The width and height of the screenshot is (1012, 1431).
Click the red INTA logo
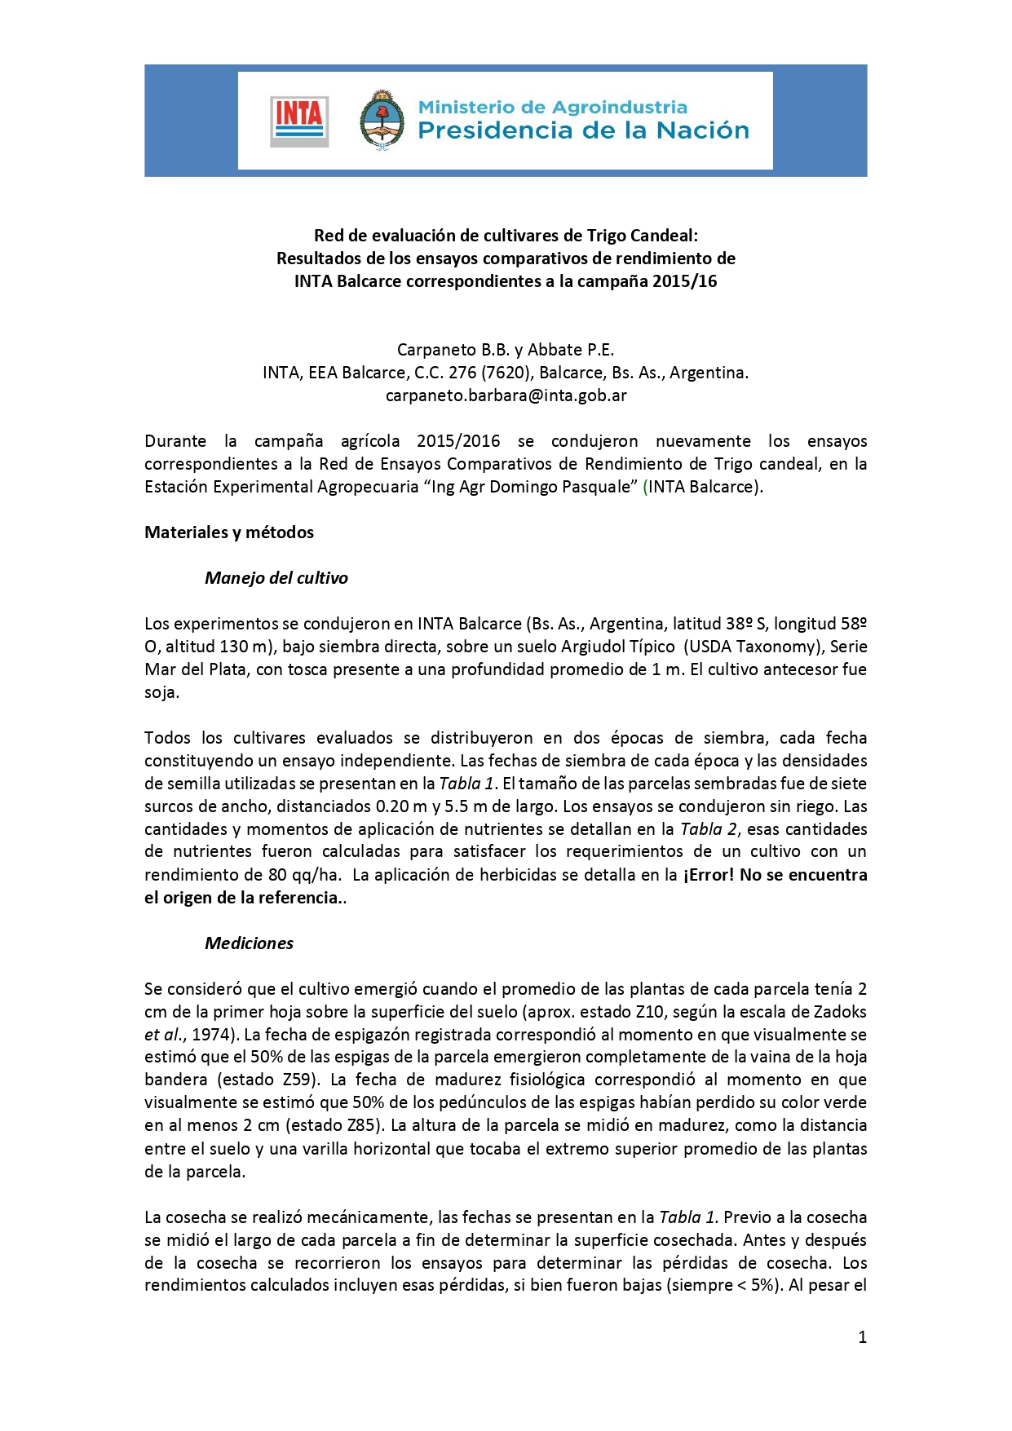point(299,121)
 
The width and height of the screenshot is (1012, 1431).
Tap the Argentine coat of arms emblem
point(382,120)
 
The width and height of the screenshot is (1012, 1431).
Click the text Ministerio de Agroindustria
point(552,107)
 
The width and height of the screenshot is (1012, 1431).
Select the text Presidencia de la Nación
point(583,130)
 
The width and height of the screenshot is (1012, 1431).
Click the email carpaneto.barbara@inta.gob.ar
point(506,395)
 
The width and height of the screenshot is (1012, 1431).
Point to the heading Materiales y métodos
point(229,532)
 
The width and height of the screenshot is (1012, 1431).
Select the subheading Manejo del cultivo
point(276,578)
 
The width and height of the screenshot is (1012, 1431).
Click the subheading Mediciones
point(249,943)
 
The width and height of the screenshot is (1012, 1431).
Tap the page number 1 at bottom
point(862,1337)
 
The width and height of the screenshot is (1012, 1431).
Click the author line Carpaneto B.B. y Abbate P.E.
point(506,350)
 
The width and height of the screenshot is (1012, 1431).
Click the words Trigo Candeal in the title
point(640,236)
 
